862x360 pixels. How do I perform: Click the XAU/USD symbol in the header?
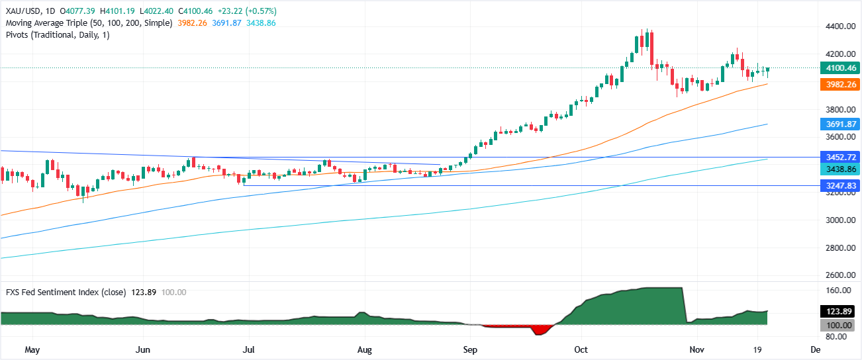coord(23,11)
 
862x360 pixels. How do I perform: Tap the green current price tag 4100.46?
coord(838,67)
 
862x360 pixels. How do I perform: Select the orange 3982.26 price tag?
coord(838,84)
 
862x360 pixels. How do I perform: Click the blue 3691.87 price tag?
coord(838,124)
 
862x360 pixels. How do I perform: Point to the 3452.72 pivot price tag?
coord(838,157)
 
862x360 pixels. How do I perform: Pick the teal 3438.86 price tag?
coord(838,169)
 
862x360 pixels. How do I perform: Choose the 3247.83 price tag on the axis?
coord(838,186)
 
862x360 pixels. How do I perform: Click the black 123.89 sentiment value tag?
coord(838,311)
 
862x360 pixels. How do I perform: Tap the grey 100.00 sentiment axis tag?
coord(838,325)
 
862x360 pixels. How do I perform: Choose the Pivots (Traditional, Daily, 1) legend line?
coord(57,34)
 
